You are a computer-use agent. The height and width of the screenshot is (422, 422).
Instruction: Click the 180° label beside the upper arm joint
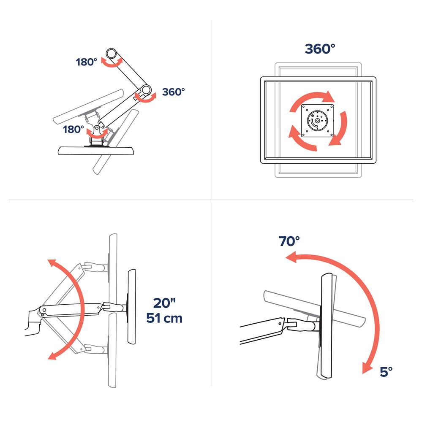(86, 62)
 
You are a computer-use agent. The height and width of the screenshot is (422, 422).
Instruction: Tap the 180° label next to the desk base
(74, 130)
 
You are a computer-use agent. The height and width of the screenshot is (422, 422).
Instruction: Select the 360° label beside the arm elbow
(174, 92)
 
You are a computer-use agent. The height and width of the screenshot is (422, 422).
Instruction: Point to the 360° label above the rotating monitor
(320, 49)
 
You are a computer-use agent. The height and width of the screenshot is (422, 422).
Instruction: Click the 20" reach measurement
(164, 303)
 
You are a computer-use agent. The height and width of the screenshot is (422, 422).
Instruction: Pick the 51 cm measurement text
(164, 318)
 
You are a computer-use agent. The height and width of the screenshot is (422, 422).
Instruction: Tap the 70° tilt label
(289, 241)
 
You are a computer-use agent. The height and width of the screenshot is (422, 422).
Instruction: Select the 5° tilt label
(386, 372)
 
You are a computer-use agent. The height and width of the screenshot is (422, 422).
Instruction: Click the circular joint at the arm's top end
(111, 54)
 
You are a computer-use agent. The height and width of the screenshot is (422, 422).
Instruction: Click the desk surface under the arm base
(96, 151)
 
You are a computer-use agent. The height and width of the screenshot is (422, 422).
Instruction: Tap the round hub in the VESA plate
(317, 121)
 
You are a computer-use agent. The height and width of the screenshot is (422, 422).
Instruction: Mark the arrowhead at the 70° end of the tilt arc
(291, 257)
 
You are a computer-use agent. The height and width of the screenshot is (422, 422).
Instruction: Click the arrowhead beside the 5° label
(368, 368)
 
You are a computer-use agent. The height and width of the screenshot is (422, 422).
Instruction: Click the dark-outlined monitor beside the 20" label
(132, 307)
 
